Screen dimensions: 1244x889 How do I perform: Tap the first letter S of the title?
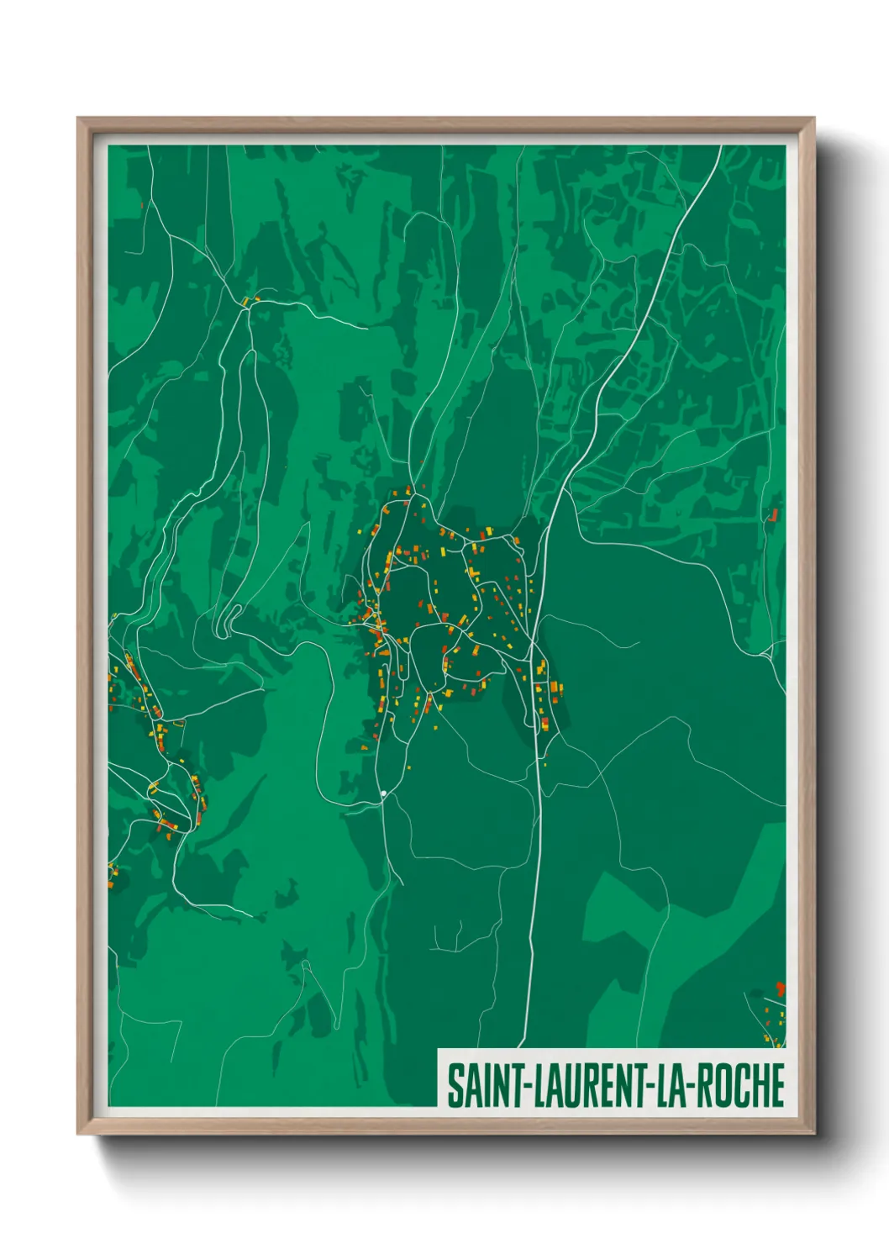pos(454,1086)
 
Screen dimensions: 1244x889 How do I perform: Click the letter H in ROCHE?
pos(760,1086)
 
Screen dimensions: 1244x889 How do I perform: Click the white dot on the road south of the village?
pos(383,793)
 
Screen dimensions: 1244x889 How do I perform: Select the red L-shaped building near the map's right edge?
pos(773,514)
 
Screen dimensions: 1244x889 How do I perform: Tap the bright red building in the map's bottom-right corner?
pos(780,988)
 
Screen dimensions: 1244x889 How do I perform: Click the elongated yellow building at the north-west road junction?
pos(245,301)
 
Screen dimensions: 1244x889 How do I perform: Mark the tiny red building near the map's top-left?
pos(142,204)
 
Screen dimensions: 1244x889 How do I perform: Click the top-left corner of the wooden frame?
pos(78,119)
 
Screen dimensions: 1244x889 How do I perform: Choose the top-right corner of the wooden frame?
pos(814,119)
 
